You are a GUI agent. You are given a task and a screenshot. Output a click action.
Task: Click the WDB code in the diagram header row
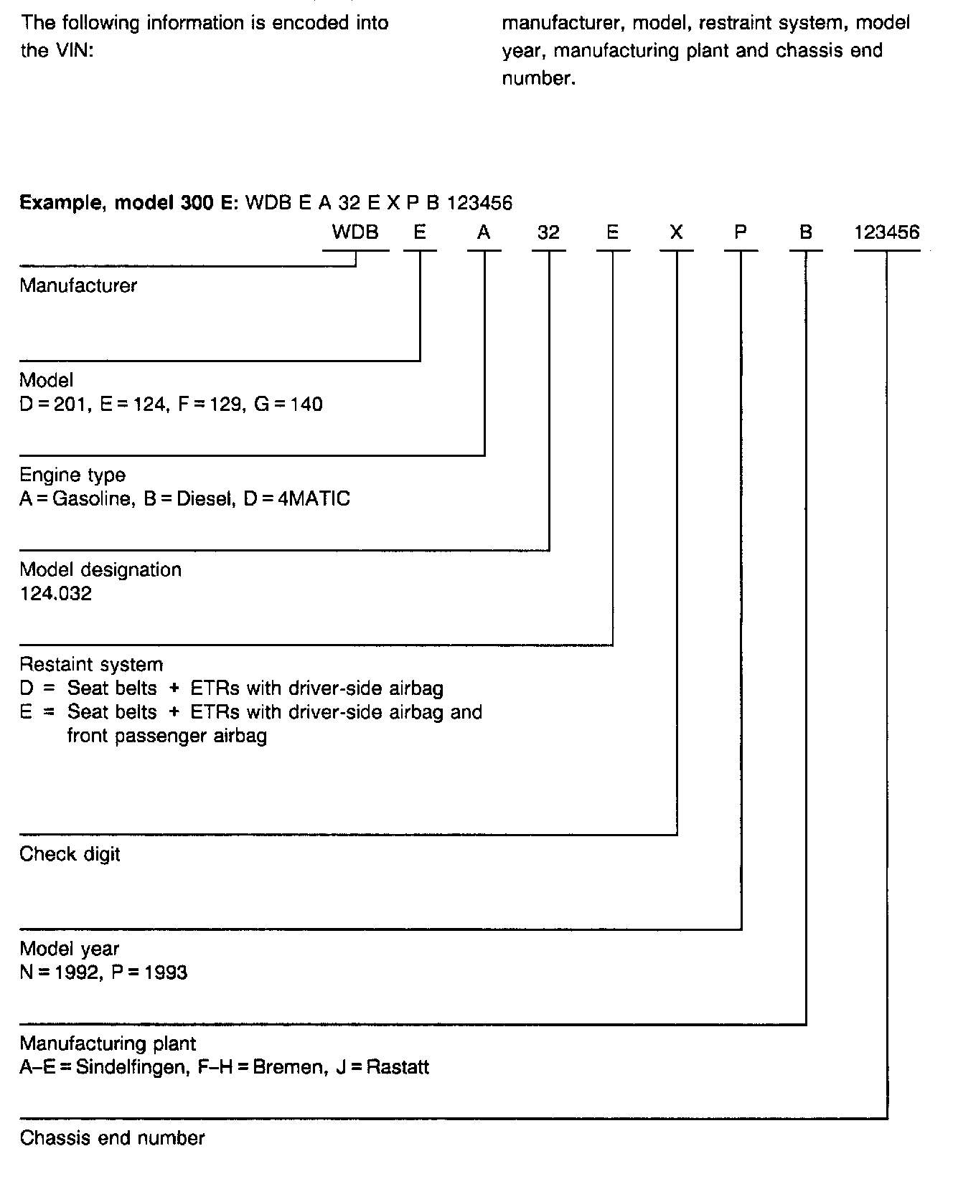pyautogui.click(x=355, y=232)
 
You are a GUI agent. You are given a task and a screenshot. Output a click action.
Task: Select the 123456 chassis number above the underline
pyautogui.click(x=887, y=232)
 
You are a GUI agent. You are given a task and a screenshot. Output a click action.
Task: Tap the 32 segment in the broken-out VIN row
pyautogui.click(x=548, y=232)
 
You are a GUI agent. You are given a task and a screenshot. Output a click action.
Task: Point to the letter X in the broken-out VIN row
pyautogui.click(x=676, y=232)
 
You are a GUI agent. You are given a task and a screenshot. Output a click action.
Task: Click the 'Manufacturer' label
pyautogui.click(x=78, y=285)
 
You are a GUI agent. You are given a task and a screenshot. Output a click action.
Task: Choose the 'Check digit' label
pyautogui.click(x=70, y=854)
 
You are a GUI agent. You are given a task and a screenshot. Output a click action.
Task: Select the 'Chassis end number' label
pyautogui.click(x=112, y=1138)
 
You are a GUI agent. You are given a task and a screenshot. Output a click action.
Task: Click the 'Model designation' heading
pyautogui.click(x=100, y=570)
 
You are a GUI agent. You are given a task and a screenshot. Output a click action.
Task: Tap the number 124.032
pyautogui.click(x=56, y=594)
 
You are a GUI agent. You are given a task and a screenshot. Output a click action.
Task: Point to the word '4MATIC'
pyautogui.click(x=314, y=498)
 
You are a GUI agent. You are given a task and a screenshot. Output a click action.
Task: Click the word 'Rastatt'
pyautogui.click(x=398, y=1067)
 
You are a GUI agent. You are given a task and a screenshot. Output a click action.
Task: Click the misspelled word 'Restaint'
pyautogui.click(x=54, y=665)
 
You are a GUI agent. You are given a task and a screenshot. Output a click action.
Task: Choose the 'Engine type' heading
pyautogui.click(x=72, y=475)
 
